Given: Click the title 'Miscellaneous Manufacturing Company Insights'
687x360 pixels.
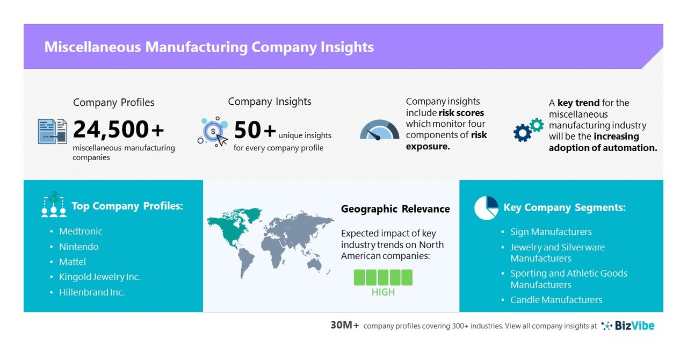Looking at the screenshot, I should [x=209, y=47].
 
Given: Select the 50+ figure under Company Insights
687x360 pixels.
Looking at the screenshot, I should [x=255, y=130].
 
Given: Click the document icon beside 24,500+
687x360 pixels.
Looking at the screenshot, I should [x=52, y=131].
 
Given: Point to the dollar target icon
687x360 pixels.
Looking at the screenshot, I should [x=213, y=132].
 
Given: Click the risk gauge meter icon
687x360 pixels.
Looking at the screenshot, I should [x=379, y=130].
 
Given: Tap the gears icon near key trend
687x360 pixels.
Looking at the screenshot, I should [x=529, y=129].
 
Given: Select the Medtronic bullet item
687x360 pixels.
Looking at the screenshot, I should [x=81, y=232].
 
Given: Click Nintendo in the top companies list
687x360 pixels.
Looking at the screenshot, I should [x=78, y=247].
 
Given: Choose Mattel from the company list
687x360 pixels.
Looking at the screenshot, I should [x=73, y=262].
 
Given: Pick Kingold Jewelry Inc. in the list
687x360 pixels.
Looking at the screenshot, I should [x=99, y=277].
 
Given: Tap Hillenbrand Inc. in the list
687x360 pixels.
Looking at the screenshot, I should [x=91, y=292].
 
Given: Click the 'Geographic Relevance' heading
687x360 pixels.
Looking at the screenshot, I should [x=395, y=209].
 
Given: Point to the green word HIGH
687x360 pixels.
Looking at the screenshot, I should [x=383, y=292].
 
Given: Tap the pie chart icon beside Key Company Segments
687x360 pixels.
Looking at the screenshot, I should [x=486, y=208].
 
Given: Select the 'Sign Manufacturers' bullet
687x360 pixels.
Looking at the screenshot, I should [x=551, y=232].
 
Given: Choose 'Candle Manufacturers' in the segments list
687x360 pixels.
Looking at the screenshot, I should [x=556, y=300].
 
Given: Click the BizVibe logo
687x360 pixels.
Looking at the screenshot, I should [x=628, y=326].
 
